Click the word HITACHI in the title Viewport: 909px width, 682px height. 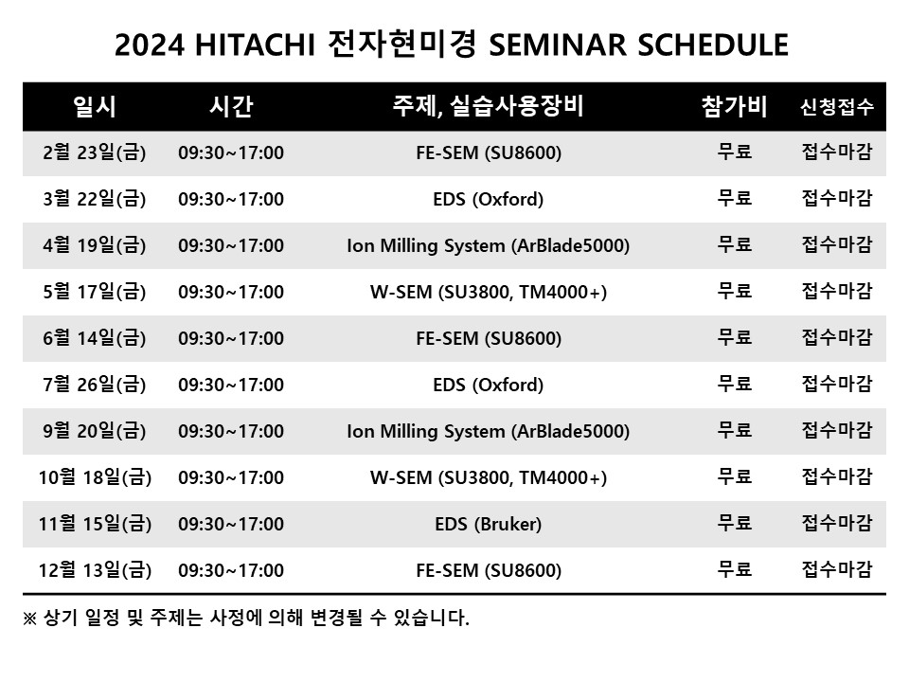tap(255, 45)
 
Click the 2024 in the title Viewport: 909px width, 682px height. tap(150, 45)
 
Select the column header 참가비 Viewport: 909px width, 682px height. tap(734, 106)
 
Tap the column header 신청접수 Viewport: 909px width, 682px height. tap(836, 107)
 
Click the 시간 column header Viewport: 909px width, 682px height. tap(231, 106)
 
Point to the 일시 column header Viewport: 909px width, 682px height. tap(95, 106)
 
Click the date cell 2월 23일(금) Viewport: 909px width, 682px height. tap(95, 153)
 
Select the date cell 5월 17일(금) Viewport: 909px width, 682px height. tap(95, 292)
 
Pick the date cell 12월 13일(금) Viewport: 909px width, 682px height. tap(95, 570)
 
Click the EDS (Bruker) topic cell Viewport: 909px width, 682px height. tap(489, 524)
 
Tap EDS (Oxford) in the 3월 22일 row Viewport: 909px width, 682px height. tap(489, 200)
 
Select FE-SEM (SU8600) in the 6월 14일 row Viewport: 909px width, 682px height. tap(489, 339)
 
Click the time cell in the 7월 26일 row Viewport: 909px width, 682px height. tap(231, 386)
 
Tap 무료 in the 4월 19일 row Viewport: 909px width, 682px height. tap(735, 244)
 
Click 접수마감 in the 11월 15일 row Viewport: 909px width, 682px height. tap(836, 523)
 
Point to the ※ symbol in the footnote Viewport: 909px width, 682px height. tap(29, 619)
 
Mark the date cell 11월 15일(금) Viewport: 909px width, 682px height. tap(95, 524)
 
